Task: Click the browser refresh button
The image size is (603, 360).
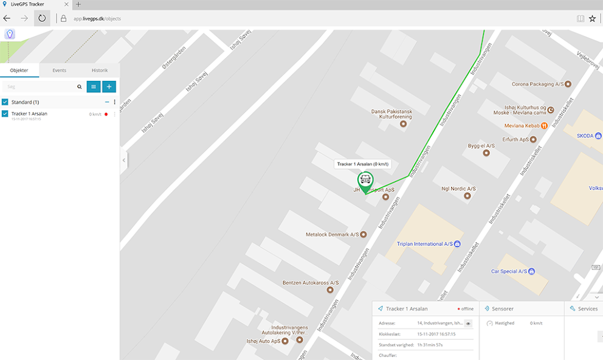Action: click(42, 18)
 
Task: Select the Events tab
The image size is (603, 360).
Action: click(60, 71)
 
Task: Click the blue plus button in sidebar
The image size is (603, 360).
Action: click(109, 87)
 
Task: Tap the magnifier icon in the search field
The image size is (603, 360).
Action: click(79, 87)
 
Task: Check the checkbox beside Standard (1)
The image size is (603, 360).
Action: click(5, 102)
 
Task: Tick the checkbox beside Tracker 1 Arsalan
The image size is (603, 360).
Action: click(5, 114)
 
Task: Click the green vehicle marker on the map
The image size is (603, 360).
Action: click(365, 180)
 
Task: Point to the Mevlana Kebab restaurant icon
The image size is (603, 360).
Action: click(545, 126)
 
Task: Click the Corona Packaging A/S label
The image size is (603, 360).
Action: click(533, 84)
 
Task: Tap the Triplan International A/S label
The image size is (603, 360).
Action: click(425, 244)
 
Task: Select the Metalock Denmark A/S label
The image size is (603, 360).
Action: click(332, 234)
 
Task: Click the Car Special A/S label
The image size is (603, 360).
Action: click(509, 271)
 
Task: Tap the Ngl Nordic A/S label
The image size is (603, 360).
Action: click(458, 189)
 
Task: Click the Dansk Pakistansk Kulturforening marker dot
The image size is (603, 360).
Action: click(403, 124)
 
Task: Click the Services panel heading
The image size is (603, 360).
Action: click(587, 309)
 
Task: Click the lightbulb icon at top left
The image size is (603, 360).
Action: click(10, 34)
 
